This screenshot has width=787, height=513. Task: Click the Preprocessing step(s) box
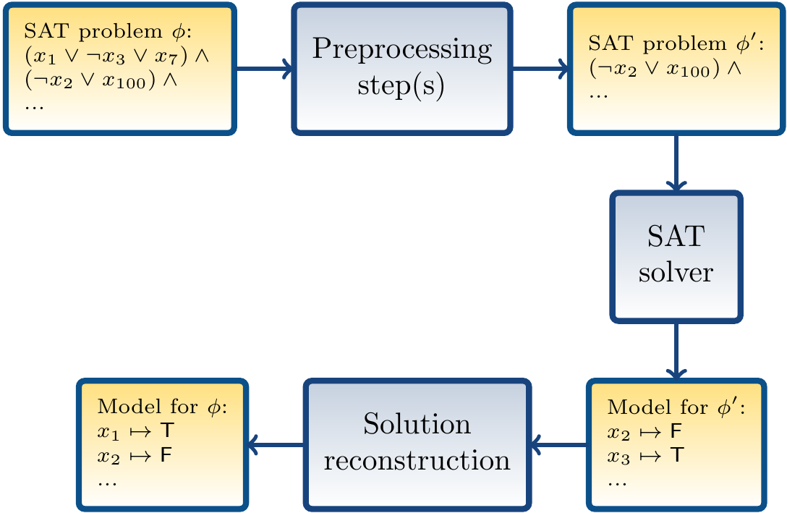402,69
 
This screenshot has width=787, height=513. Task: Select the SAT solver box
676,256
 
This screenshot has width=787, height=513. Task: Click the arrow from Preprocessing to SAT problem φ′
540,70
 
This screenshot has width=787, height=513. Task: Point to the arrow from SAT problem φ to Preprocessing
264,70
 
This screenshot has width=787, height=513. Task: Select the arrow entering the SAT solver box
676,164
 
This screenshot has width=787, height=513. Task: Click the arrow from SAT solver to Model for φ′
676,350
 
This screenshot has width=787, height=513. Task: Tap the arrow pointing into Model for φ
276,444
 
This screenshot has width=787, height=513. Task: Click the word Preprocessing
402,51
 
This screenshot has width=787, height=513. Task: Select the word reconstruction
417,460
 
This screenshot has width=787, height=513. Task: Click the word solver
676,274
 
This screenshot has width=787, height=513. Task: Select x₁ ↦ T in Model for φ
135,432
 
